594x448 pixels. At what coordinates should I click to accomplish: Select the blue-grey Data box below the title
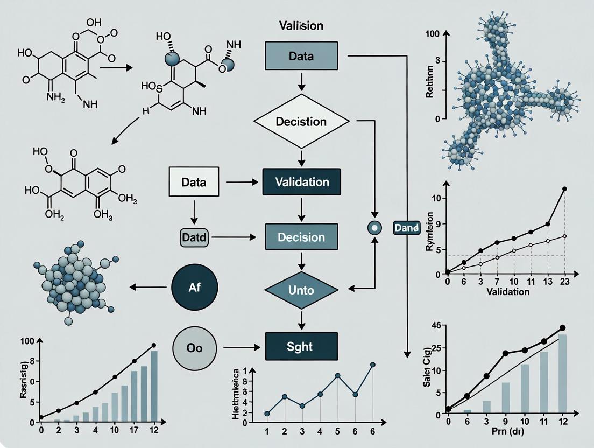301,55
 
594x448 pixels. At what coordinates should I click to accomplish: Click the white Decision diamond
301,122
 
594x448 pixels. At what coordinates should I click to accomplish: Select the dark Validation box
301,183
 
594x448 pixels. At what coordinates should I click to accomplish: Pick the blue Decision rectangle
301,237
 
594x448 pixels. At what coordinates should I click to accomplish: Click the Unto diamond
301,290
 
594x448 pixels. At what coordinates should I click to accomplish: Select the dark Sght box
301,346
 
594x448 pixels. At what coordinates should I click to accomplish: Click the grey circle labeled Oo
194,348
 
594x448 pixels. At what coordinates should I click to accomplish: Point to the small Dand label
406,228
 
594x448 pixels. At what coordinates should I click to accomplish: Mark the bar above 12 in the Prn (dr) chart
562,374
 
